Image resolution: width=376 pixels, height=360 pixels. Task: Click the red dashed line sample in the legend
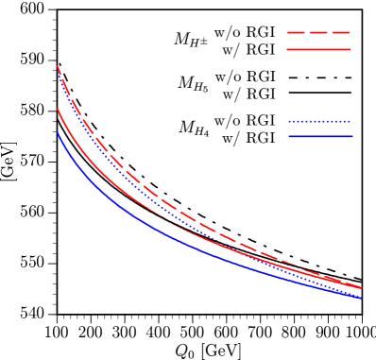318,33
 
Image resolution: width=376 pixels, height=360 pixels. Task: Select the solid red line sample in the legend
318,49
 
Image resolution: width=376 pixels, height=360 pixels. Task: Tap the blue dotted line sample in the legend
319,121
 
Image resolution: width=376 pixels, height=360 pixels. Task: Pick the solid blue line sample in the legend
319,136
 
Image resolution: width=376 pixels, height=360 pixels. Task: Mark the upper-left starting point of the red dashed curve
58,66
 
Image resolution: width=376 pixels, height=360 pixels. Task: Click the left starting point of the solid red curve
58,110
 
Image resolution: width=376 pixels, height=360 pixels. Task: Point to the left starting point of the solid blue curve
58,133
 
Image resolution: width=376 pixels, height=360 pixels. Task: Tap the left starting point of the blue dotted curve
59,76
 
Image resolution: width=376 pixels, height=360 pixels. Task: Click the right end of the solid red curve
361,288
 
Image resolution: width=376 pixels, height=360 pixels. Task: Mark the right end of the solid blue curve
361,299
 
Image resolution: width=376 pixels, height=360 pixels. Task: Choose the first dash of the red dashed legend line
294,33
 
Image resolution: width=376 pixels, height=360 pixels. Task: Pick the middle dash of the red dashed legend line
318,33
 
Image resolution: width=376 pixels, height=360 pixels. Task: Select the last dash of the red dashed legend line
342,33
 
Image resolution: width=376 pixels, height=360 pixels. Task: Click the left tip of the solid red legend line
287,49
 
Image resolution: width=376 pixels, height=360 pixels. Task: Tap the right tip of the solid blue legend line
351,136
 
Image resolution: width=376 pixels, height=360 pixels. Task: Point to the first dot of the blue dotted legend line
290,121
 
